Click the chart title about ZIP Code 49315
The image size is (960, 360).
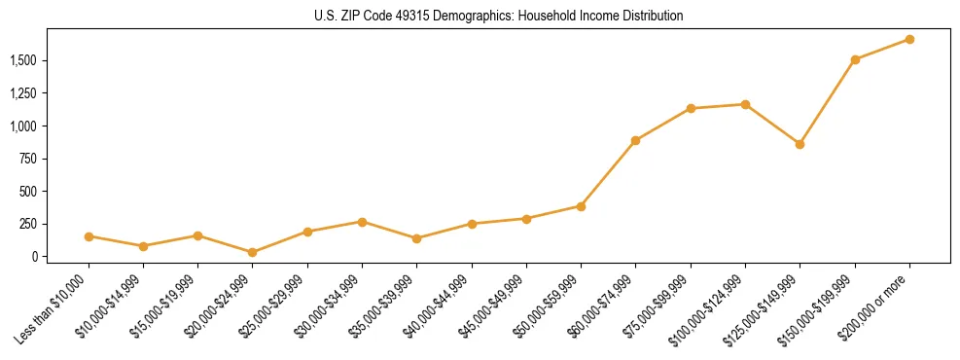499,16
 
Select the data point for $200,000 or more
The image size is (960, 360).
909,39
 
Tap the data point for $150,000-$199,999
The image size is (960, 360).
855,59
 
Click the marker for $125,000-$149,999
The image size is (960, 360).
800,144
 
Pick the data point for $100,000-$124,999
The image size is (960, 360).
745,104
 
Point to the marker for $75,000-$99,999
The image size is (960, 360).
691,108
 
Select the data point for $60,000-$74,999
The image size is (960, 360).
635,140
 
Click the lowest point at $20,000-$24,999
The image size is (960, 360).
253,252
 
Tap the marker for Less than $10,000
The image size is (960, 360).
89,236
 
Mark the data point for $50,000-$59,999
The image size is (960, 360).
581,206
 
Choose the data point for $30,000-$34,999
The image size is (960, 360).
362,222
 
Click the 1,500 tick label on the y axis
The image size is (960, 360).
23,60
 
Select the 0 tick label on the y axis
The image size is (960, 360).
33,257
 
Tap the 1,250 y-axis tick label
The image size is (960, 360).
23,93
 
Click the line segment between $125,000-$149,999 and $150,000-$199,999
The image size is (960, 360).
827,102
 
